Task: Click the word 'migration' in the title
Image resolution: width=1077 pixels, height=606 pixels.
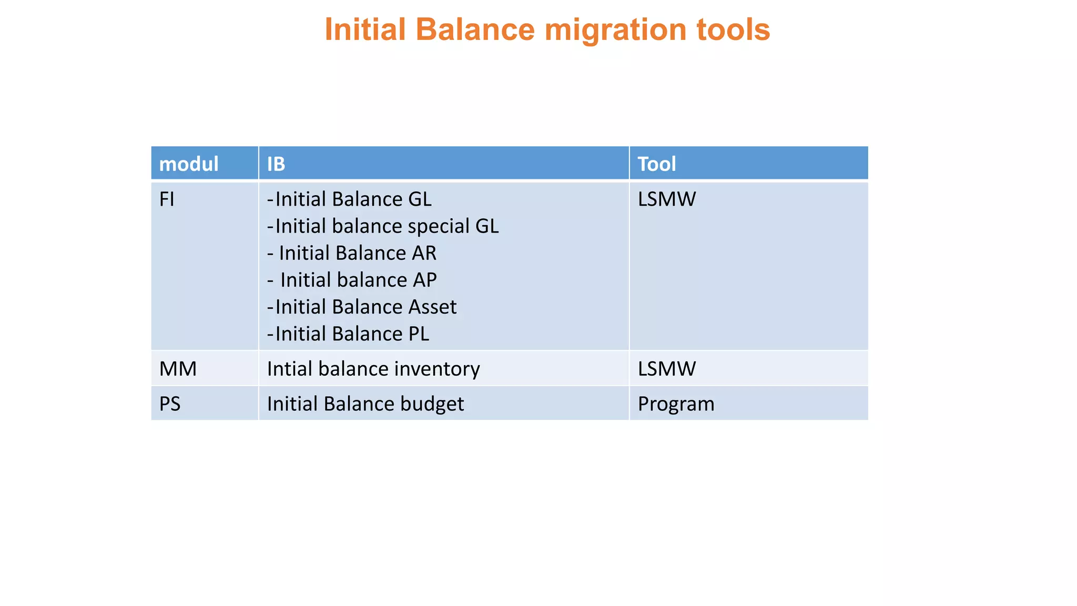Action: (x=615, y=29)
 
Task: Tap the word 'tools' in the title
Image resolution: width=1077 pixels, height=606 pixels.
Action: (x=733, y=29)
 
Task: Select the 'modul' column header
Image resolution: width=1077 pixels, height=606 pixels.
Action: (x=189, y=164)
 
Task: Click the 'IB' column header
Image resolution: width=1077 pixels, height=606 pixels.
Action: (x=276, y=164)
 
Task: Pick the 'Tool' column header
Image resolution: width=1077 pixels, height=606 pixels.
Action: (x=657, y=164)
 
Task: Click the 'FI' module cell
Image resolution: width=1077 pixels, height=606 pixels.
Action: (x=167, y=199)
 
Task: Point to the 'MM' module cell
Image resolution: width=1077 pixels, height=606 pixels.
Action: (x=178, y=369)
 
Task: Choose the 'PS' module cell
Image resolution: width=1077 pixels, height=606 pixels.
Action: (x=170, y=404)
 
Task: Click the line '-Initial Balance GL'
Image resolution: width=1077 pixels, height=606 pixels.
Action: (x=349, y=199)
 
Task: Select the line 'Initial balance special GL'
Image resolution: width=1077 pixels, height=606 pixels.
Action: (x=383, y=226)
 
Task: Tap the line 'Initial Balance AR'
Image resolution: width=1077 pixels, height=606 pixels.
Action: (x=352, y=253)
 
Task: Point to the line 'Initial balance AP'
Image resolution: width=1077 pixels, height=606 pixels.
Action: (x=352, y=280)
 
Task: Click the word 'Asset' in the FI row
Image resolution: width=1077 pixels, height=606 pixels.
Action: (x=432, y=307)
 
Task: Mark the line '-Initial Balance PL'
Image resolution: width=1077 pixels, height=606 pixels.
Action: (x=348, y=334)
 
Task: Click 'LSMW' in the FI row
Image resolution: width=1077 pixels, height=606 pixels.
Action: (x=667, y=199)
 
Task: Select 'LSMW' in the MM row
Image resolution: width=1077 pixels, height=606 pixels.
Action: (x=667, y=369)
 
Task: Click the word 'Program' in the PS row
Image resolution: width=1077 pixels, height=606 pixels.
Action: (x=676, y=404)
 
